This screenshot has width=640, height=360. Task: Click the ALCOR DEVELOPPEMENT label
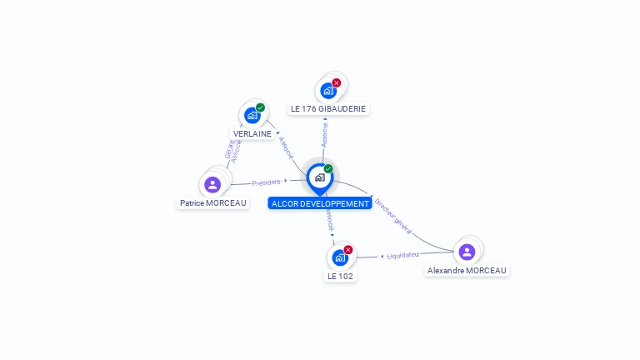[320, 203]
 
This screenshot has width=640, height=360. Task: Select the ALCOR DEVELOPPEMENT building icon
[319, 177]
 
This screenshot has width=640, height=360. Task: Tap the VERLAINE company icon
[252, 116]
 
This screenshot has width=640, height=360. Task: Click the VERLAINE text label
[252, 133]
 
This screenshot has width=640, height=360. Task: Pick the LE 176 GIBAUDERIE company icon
[328, 90]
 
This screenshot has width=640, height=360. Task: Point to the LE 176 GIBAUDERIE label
[328, 108]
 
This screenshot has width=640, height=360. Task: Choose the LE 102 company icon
[339, 257]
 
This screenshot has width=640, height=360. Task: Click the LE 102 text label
[340, 276]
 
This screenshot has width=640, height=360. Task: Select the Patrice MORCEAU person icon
[212, 184]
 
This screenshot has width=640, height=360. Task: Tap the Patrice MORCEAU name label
[213, 202]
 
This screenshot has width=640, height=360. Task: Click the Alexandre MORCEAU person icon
[467, 252]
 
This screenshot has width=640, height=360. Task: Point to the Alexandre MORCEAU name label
[467, 270]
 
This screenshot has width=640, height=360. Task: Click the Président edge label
[267, 182]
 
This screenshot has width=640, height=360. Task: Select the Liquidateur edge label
[403, 255]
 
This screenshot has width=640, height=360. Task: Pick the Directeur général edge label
[392, 214]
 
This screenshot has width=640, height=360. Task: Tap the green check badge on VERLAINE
[261, 107]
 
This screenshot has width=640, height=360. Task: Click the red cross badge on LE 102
[348, 249]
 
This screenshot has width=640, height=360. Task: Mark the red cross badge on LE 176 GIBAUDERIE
[337, 82]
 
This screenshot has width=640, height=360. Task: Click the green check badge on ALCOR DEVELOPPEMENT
[328, 168]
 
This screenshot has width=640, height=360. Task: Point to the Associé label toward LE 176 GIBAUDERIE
[325, 133]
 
